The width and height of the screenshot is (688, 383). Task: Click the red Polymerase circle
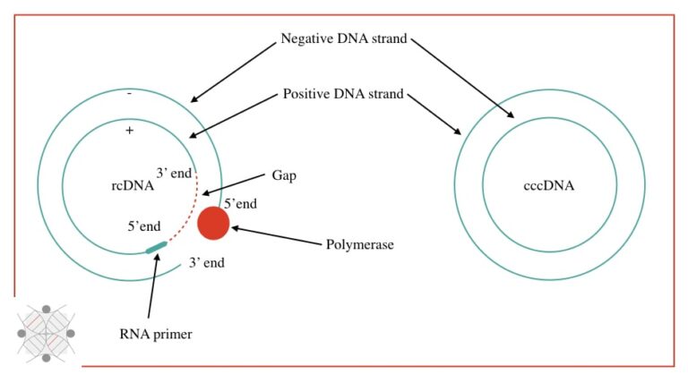click(x=213, y=223)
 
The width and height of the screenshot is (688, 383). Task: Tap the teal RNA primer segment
click(x=156, y=246)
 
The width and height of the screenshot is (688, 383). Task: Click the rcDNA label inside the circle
click(x=128, y=187)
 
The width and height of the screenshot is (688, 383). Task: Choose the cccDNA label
click(x=548, y=187)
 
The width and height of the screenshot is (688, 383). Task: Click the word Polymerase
click(x=359, y=244)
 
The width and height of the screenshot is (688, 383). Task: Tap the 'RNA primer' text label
click(x=156, y=335)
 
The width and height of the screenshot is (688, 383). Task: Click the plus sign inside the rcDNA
click(x=129, y=131)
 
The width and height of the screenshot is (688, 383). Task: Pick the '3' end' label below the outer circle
click(x=206, y=264)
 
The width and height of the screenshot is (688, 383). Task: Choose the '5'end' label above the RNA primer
click(x=145, y=226)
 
